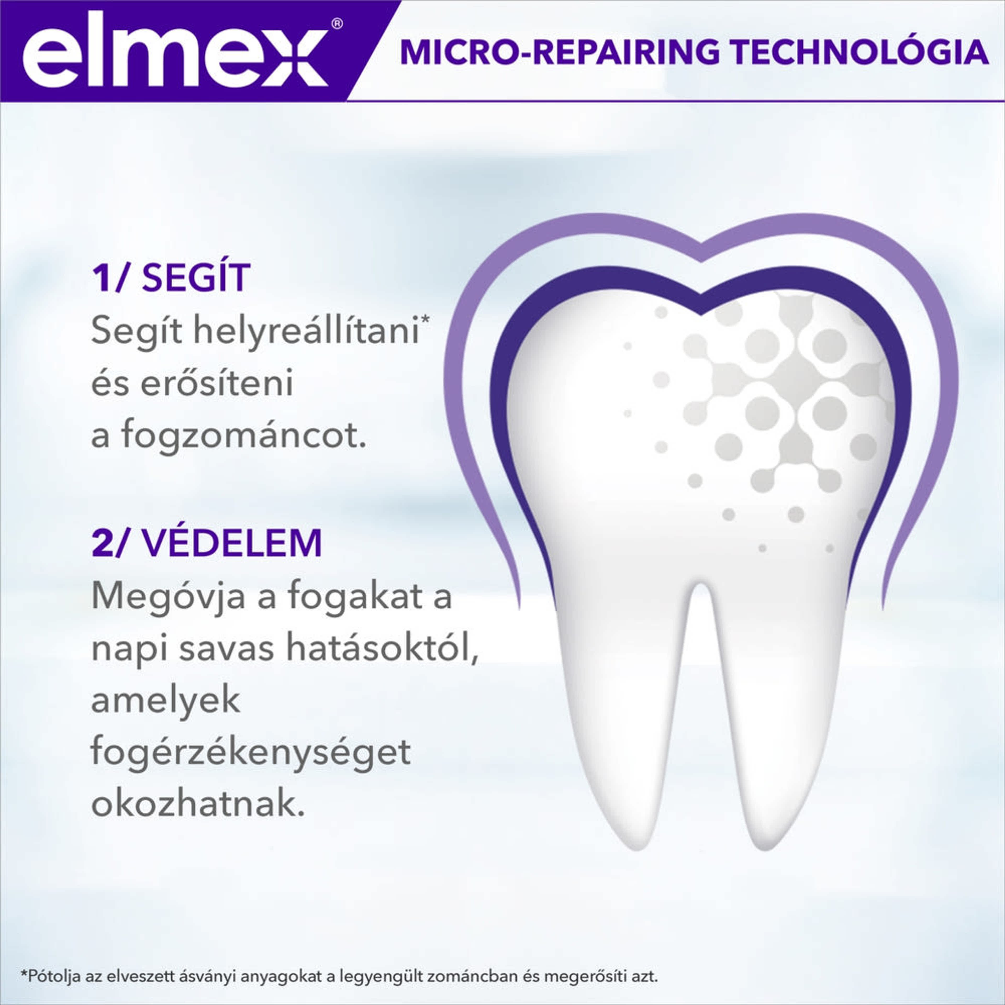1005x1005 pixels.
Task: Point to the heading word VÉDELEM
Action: (232, 543)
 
